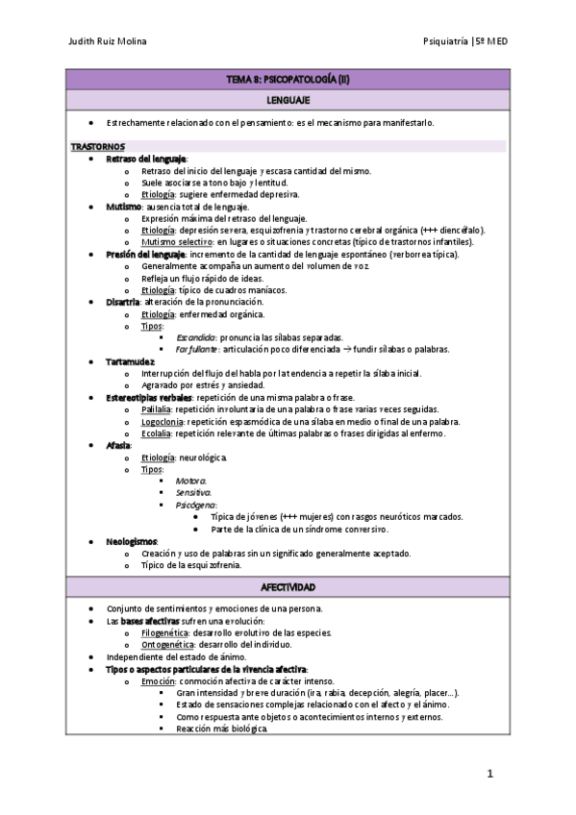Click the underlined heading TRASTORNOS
[97, 146]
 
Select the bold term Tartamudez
[132, 361]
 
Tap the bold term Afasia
[118, 445]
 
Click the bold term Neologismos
[132, 541]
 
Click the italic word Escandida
[195, 337]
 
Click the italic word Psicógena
[195, 505]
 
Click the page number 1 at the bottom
[489, 773]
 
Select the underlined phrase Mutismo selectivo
[177, 242]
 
